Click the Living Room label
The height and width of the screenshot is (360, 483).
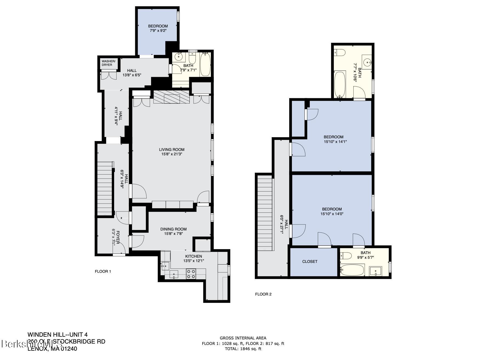[x=172, y=150]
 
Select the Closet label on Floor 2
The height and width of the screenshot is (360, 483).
[x=310, y=261]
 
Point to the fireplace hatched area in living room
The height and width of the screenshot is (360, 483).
[x=171, y=97]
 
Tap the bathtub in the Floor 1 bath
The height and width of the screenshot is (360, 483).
[x=205, y=65]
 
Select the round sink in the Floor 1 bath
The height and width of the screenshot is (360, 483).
[x=179, y=57]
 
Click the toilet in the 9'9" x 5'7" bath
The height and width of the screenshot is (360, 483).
[x=346, y=256]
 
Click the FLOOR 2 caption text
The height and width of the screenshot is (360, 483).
[x=263, y=294]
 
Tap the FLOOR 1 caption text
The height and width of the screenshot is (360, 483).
[x=103, y=271]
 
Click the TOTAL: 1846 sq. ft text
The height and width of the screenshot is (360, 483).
[x=243, y=349]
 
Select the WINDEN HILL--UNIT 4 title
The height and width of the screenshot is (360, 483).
[x=58, y=334]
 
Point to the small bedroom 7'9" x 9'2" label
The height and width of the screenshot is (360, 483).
[x=158, y=28]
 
